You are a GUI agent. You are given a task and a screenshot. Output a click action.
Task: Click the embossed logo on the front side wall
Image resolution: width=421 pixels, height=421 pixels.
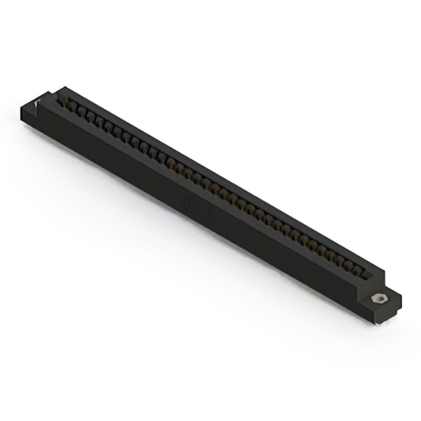[194, 205]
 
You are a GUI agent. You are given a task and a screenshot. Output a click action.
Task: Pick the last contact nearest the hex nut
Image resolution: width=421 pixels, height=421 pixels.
[361, 266]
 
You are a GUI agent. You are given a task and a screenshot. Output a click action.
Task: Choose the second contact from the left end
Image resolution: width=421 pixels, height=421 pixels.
[82, 112]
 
